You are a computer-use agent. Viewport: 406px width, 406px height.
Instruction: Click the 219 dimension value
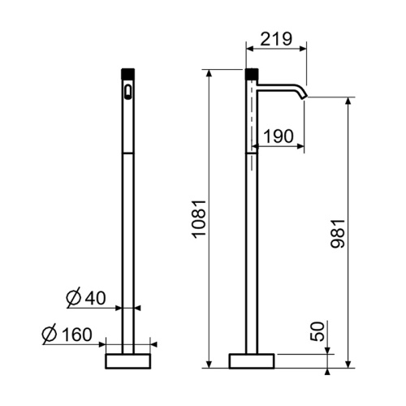coord(276,39)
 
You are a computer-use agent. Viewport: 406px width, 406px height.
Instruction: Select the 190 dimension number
coord(279,136)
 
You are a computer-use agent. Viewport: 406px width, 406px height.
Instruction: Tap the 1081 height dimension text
coord(199,219)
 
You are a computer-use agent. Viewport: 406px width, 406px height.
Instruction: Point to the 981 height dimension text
coord(338,234)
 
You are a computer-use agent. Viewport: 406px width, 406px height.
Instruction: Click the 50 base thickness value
coord(317,331)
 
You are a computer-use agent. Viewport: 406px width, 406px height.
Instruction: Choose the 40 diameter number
coord(95,298)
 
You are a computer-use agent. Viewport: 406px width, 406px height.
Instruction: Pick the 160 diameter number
coord(77,335)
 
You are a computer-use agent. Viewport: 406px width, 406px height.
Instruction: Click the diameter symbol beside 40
coord(74,298)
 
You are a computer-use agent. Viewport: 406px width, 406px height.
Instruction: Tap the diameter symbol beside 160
coord(50,334)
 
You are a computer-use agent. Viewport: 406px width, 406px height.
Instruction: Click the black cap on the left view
coord(127,74)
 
